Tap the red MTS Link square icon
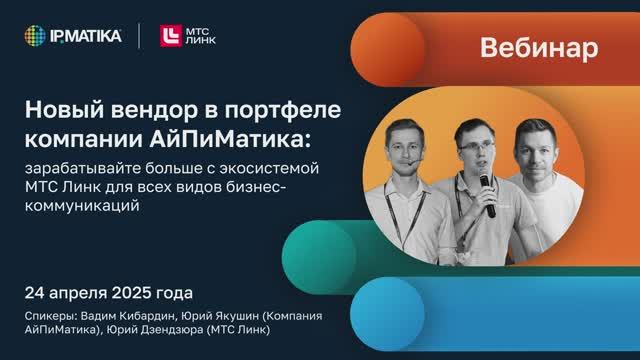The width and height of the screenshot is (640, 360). click(x=169, y=36)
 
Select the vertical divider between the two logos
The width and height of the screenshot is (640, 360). click(x=138, y=36)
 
